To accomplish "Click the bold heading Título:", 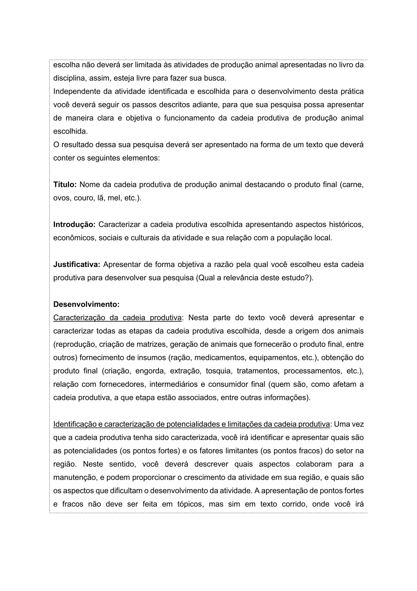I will click(x=65, y=184).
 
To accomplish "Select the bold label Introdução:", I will click(x=74, y=224).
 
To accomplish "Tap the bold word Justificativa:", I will click(x=77, y=264).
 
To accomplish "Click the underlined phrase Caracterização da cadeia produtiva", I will click(x=117, y=318).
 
